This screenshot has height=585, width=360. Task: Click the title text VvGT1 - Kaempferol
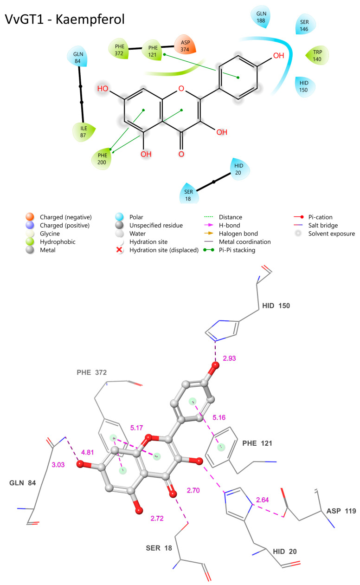point(64,20)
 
